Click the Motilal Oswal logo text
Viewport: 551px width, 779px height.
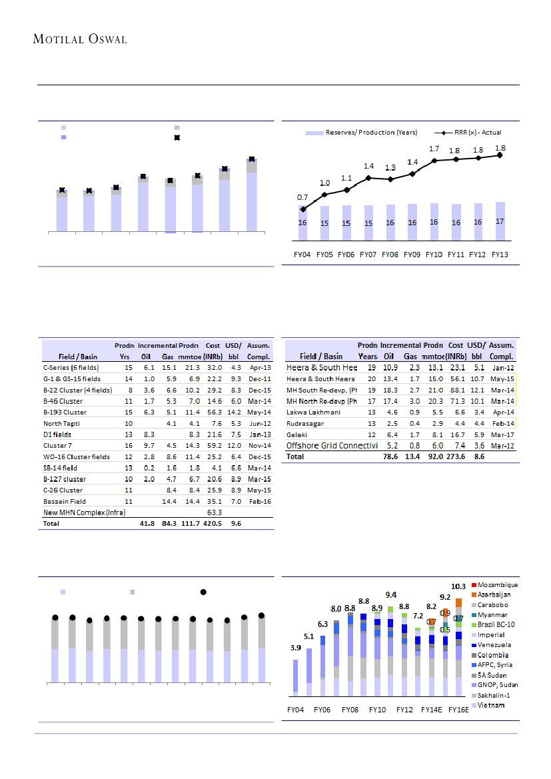click(x=80, y=39)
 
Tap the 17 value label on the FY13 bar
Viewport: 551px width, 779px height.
click(x=500, y=221)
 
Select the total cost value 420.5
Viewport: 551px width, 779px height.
click(x=213, y=523)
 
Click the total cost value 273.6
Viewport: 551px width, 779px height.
click(x=456, y=456)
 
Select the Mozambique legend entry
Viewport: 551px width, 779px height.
click(x=498, y=584)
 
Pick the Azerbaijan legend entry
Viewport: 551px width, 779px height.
click(x=495, y=594)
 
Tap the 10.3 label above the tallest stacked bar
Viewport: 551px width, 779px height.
click(x=458, y=586)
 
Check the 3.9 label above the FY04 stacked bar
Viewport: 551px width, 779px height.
click(x=295, y=648)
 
